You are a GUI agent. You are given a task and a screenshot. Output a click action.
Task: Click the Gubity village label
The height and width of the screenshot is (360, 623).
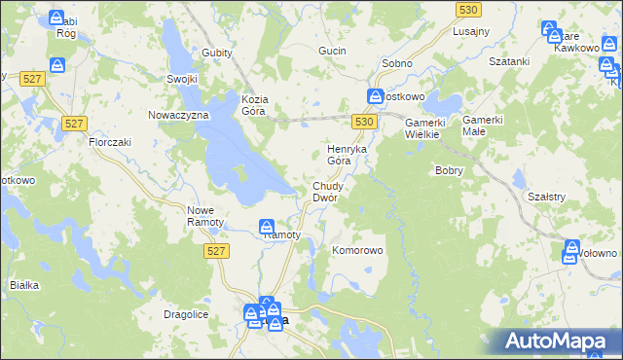pyautogui.click(x=218, y=53)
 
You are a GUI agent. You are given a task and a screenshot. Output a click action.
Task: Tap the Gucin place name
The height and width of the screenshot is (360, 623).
pyautogui.click(x=334, y=50)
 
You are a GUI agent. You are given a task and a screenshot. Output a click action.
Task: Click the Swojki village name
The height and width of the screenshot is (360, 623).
pyautogui.click(x=182, y=80)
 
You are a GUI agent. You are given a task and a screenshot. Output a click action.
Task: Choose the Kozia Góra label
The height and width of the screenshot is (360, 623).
pyautogui.click(x=255, y=104)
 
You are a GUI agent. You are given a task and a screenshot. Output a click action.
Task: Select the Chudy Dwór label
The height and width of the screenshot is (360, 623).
pyautogui.click(x=325, y=191)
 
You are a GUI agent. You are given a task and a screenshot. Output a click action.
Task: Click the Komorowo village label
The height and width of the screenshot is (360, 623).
pyautogui.click(x=358, y=250)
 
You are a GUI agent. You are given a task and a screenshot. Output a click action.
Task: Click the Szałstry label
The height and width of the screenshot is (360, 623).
pyautogui.click(x=547, y=196)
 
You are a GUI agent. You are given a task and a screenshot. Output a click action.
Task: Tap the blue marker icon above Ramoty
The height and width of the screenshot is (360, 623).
pyautogui.click(x=269, y=227)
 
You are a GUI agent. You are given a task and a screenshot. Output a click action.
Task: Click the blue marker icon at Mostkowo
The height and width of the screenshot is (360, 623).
pyautogui.click(x=375, y=96)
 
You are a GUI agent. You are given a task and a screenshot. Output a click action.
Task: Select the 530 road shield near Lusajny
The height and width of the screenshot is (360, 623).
pyautogui.click(x=469, y=9)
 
